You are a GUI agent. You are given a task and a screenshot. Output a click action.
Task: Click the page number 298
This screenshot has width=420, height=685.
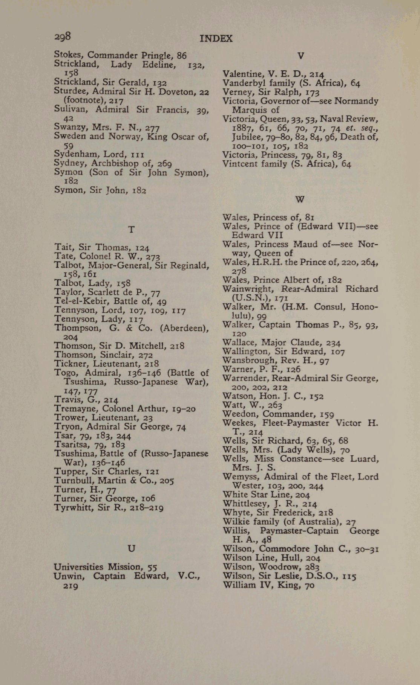63,37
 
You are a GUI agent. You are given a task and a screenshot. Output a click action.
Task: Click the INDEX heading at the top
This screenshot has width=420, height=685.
216,38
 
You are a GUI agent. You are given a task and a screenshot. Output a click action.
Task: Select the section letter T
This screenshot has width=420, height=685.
131,230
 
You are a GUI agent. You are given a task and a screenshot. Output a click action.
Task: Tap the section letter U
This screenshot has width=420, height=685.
131,549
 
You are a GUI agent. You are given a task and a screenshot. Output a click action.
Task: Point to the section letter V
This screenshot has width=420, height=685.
300,56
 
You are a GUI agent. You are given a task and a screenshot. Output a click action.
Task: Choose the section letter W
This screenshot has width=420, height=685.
300,199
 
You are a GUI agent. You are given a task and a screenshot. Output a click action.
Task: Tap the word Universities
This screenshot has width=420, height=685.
78,567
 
